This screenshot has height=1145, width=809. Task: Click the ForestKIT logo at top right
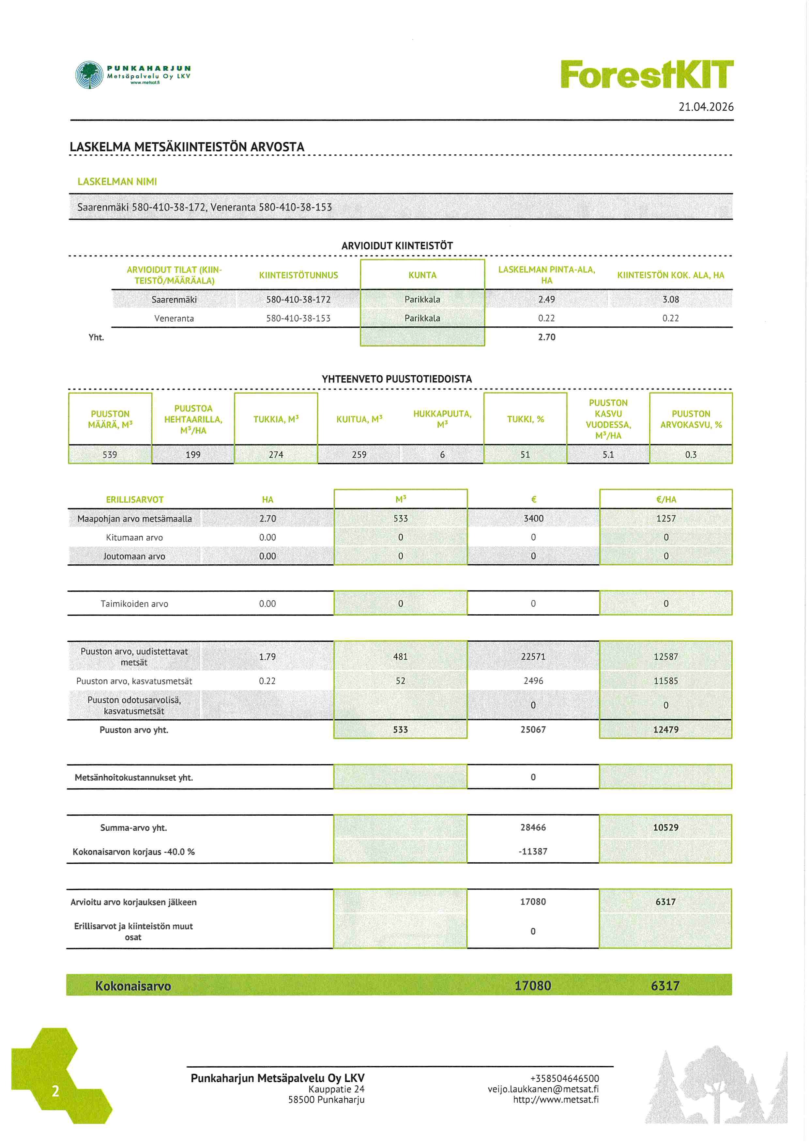(647, 74)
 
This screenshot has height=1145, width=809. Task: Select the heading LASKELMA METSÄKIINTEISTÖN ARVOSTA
(187, 147)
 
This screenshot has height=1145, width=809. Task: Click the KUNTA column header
(422, 275)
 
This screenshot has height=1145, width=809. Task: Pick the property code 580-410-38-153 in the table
(298, 318)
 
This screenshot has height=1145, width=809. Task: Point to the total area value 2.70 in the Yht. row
(546, 337)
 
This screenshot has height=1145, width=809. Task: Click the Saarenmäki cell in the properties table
(174, 299)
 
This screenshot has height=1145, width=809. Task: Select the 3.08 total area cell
(670, 299)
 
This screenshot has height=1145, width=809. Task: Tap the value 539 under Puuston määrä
(110, 454)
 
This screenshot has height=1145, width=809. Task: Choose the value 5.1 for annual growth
(608, 454)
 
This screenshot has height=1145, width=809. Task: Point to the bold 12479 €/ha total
(665, 729)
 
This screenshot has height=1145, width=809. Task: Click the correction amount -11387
(533, 851)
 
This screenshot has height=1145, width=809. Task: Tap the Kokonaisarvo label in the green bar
(133, 986)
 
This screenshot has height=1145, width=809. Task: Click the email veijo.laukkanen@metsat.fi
(543, 1089)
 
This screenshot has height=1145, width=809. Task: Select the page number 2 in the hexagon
(55, 1090)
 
